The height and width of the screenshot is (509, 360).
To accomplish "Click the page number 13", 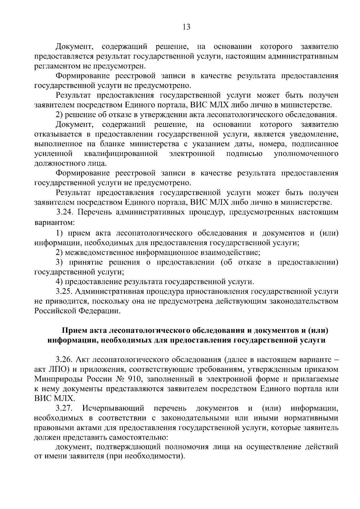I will point(186,27).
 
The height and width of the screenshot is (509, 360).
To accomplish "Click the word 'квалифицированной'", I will point(121,154).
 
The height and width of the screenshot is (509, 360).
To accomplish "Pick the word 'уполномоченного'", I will point(306,154).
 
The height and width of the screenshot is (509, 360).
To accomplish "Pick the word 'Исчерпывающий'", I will point(114,408).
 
